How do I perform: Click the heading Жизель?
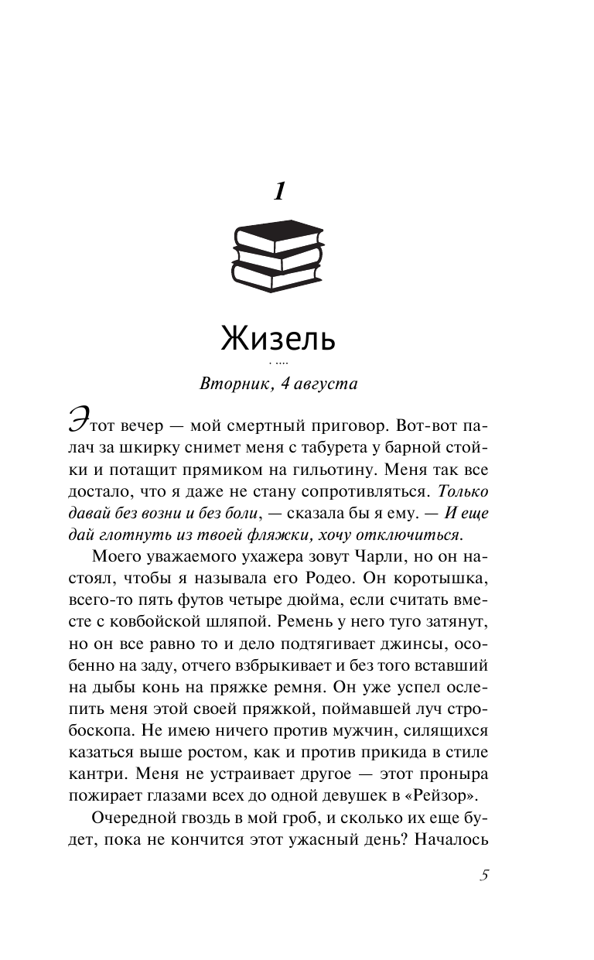coord(278,338)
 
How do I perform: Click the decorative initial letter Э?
coord(78,425)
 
